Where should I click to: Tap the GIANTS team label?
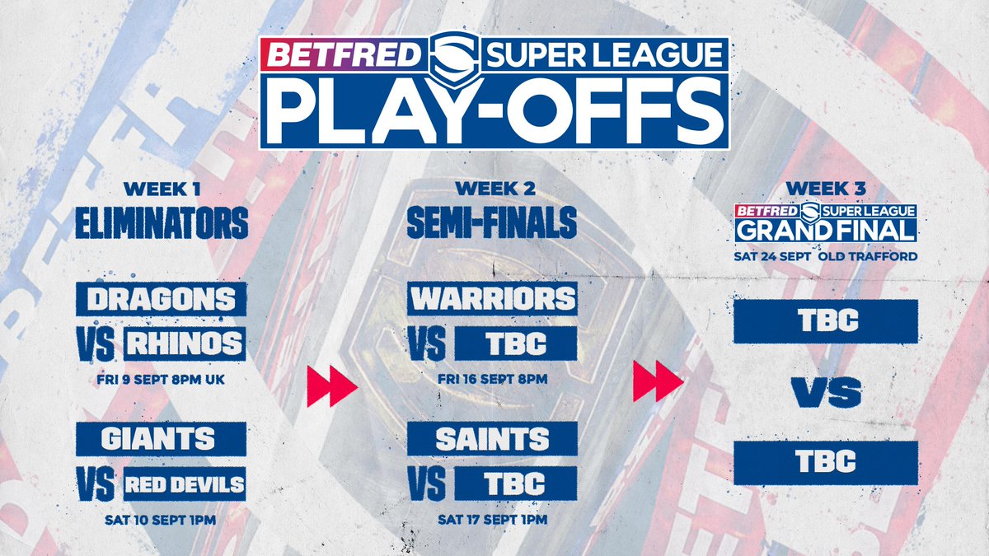click(x=161, y=437)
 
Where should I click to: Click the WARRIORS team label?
click(x=492, y=298)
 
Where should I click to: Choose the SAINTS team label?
click(x=492, y=437)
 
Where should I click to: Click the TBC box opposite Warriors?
click(x=514, y=343)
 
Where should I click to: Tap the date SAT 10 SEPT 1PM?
click(x=162, y=520)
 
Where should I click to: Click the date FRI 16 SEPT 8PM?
click(x=492, y=378)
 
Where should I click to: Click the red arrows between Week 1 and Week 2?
click(x=330, y=385)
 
